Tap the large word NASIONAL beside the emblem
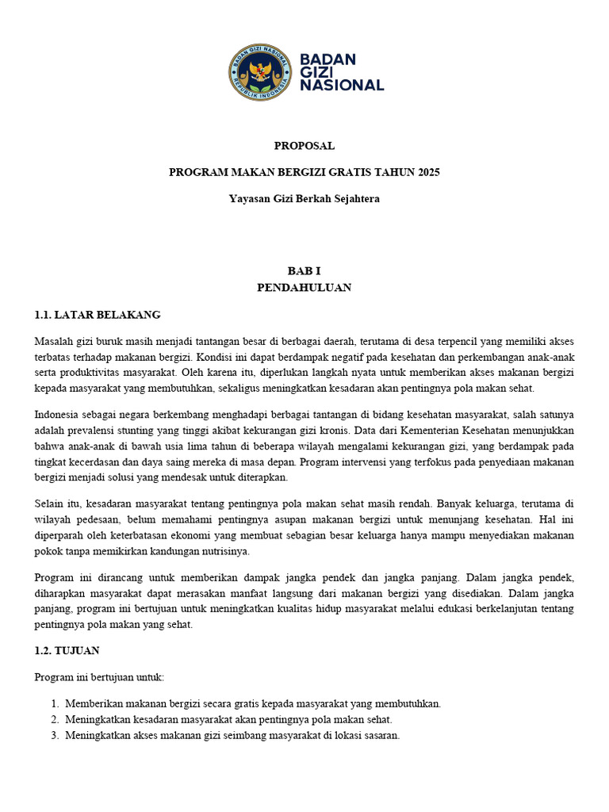pyautogui.click(x=342, y=85)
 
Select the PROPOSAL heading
pyautogui.click(x=304, y=146)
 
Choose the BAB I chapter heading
pyautogui.click(x=304, y=271)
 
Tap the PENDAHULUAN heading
pyautogui.click(x=304, y=287)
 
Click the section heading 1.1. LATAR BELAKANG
pyautogui.click(x=98, y=314)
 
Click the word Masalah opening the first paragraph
pyautogui.click(x=54, y=341)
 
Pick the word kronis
pyautogui.click(x=335, y=431)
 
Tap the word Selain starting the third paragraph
pyautogui.click(x=50, y=504)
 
